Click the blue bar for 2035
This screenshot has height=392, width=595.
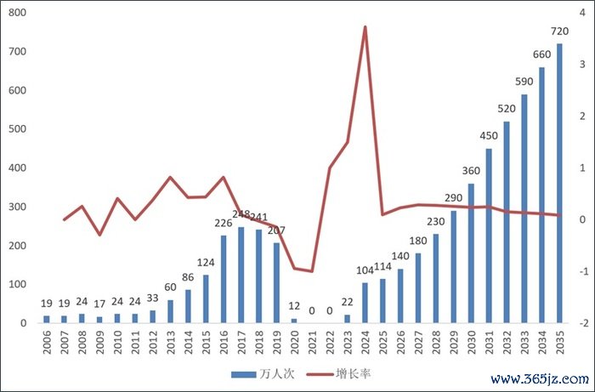559,184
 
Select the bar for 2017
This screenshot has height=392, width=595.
241,275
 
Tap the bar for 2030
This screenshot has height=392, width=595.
471,253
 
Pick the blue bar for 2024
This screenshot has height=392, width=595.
365,303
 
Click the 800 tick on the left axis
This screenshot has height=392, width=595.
16,13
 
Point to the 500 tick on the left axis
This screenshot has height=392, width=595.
16,129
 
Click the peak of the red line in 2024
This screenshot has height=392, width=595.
365,26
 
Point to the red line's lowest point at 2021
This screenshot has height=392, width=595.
312,271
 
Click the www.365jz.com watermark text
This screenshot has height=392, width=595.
540,378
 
